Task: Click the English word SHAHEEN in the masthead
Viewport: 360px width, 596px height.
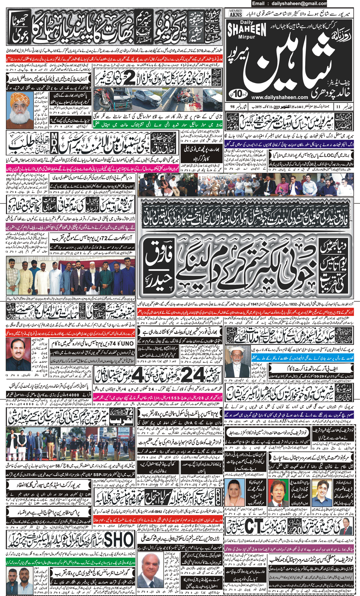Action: click(247, 29)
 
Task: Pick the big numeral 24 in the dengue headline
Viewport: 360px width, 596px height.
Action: click(191, 374)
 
